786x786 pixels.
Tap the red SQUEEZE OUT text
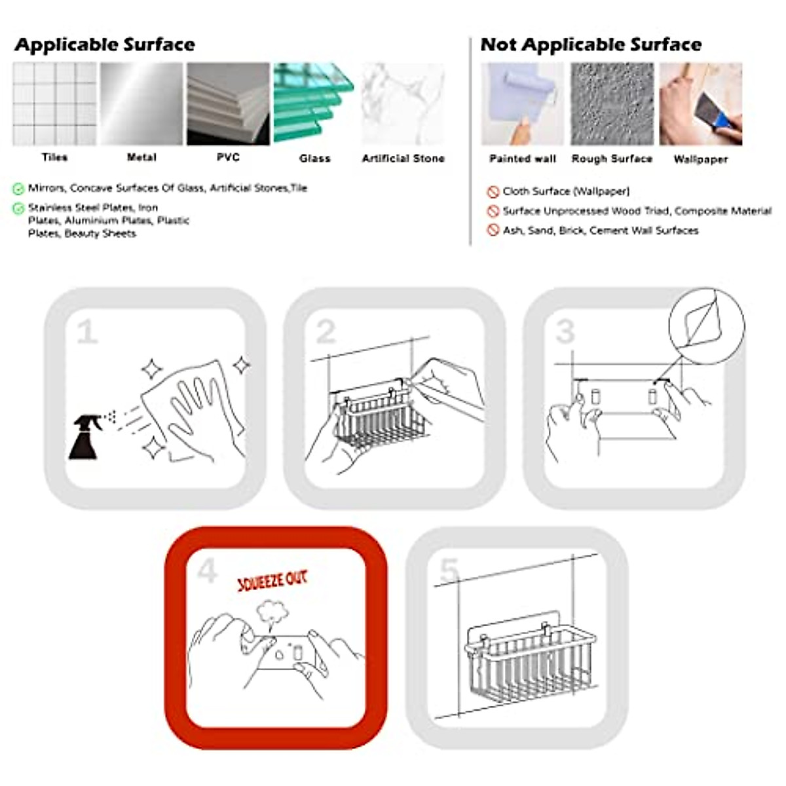(272, 580)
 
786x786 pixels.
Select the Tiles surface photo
(54, 103)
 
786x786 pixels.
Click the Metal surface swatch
(141, 103)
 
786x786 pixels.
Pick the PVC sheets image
(228, 103)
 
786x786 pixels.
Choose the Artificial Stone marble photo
(403, 103)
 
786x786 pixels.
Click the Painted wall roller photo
(522, 103)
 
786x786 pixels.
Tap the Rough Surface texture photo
(612, 103)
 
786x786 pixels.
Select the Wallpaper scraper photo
(700, 103)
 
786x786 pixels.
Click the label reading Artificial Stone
(403, 159)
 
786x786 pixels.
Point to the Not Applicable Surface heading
(591, 45)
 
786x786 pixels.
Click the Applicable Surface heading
(105, 45)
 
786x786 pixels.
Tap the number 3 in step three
(565, 332)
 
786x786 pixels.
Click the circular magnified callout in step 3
(706, 325)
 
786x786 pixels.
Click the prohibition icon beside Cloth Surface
(493, 192)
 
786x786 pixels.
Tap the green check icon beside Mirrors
(18, 189)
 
